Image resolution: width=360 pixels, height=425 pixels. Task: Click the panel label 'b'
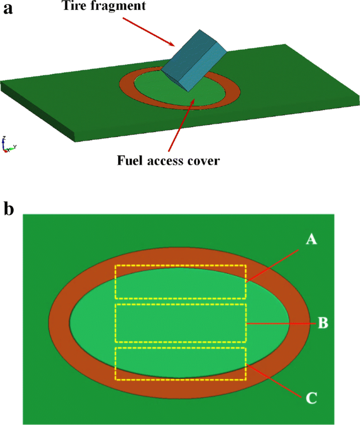[x=8, y=208]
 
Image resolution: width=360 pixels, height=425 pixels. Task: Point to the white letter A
[x=311, y=240]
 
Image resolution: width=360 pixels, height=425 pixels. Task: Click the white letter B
[x=323, y=322]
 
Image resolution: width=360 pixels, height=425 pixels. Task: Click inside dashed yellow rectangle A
[x=180, y=281]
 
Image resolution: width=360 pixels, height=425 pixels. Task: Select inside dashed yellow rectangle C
[x=180, y=363]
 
